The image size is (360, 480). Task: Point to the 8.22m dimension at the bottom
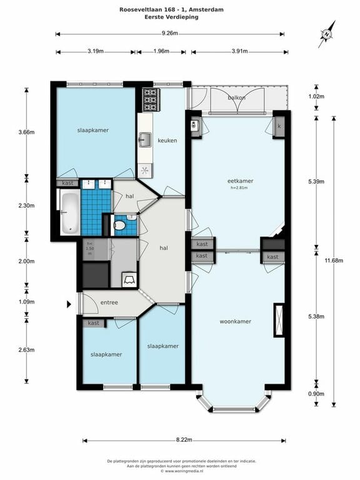184,440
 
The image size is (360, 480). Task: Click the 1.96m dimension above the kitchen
161,51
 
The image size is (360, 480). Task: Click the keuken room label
167,141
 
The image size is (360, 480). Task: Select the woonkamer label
236,321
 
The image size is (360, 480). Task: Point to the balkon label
236,97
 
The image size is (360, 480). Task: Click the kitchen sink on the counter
145,138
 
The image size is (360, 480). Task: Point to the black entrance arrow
69,304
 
